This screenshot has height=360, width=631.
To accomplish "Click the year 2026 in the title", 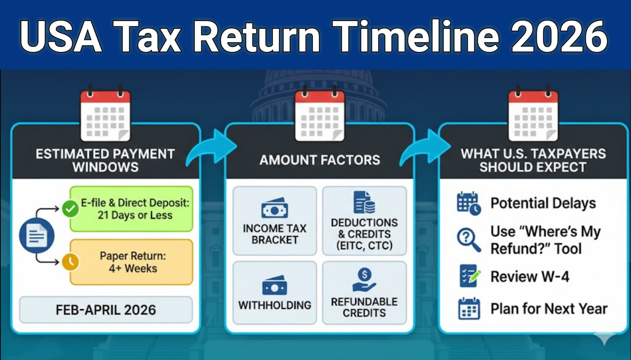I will pos(559,36).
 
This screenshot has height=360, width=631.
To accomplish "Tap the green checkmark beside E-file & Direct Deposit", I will pos(70,209).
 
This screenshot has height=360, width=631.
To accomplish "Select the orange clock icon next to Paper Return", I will pos(71,262).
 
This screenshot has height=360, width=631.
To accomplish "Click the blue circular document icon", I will pos(37,235).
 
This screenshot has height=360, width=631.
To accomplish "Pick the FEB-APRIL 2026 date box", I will pos(106,310).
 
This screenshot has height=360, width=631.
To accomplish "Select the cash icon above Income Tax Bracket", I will pos(274,208).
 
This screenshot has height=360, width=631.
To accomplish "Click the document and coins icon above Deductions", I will pos(364,202).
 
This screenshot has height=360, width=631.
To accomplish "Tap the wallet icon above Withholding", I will pos(274,285).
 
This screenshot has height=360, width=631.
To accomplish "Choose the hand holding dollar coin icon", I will pos(364,280).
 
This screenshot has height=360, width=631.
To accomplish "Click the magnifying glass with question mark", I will pos(469,239).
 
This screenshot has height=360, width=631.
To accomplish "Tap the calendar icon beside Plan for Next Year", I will pos(469,309).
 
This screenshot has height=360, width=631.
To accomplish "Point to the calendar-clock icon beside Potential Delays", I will pos(469,203).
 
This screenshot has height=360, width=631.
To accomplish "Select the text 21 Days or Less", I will pos(135,215).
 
